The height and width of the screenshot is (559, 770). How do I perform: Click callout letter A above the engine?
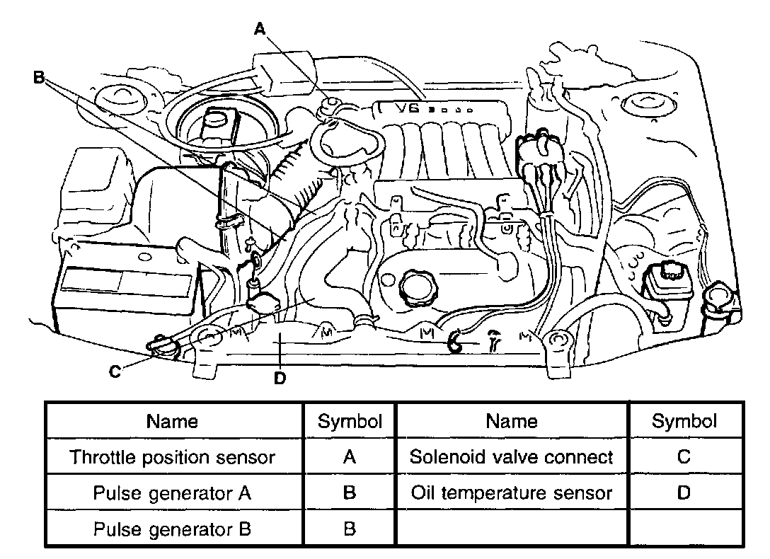click(260, 28)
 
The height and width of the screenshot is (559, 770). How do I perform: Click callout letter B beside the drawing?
click(39, 77)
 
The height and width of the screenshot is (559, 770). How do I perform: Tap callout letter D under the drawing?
click(280, 378)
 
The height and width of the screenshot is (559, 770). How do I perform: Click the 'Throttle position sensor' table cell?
click(172, 457)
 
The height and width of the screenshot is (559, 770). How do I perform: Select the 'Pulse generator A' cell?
click(172, 493)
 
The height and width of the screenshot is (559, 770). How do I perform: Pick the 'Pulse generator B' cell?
click(172, 529)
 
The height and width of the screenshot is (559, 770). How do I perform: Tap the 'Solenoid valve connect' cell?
click(512, 457)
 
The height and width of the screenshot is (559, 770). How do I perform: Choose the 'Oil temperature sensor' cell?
click(512, 493)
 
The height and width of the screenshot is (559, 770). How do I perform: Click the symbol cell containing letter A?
click(349, 457)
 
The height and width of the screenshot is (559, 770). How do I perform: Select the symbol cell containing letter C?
click(684, 457)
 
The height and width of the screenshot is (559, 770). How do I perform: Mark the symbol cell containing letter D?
click(684, 493)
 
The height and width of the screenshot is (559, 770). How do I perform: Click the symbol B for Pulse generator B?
click(349, 529)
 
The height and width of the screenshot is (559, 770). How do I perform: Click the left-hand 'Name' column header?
click(172, 422)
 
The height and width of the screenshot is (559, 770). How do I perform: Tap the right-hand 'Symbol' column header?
click(684, 422)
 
